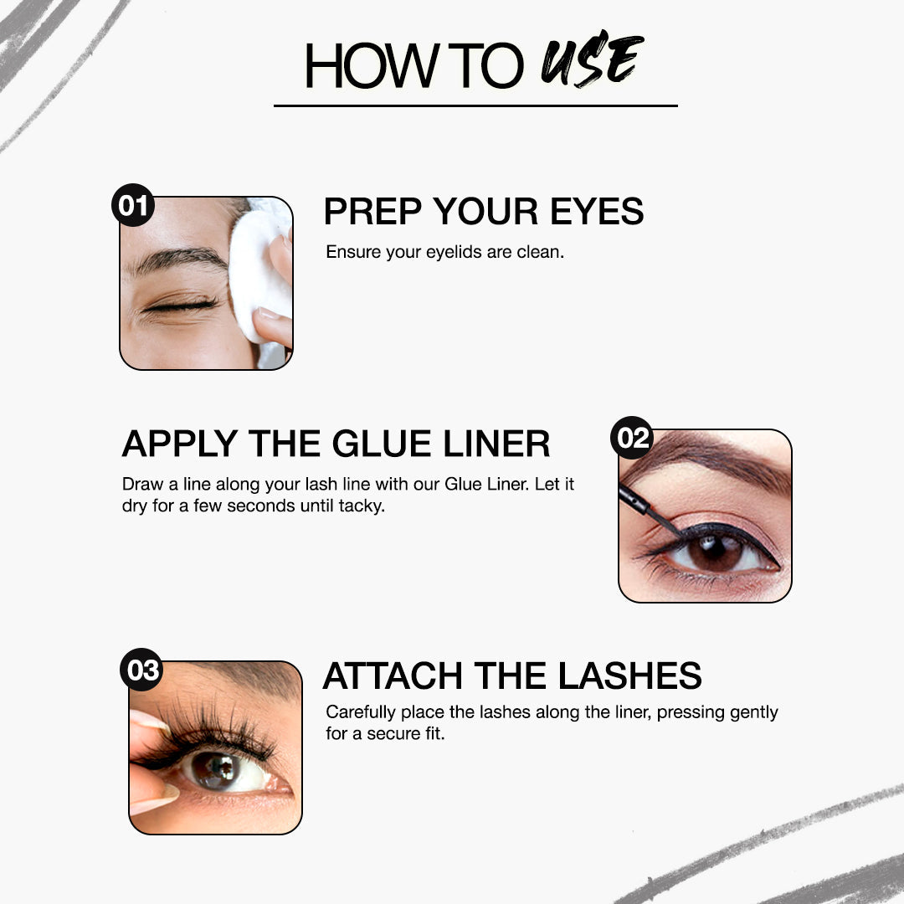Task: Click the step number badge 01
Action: point(133,205)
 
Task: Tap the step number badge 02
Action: point(632,438)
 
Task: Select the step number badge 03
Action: point(141,670)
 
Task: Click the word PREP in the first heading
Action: point(372,212)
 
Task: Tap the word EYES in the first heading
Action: point(597,212)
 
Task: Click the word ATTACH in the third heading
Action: point(393,675)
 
